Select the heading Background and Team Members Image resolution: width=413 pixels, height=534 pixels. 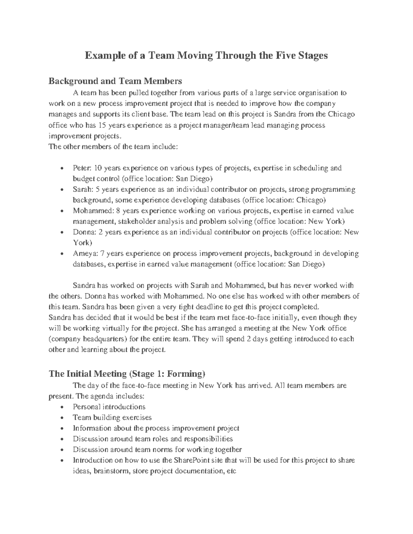tap(115, 81)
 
